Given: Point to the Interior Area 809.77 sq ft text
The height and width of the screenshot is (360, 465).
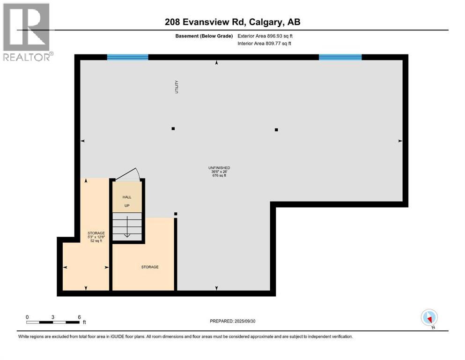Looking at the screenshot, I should [271, 43].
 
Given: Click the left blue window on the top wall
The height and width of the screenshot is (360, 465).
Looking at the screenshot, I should [127, 57].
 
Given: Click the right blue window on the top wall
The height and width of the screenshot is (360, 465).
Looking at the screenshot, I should [340, 57].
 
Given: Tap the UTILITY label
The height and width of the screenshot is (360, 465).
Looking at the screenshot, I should [177, 87].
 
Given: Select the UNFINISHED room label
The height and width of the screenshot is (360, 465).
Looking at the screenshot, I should [219, 168].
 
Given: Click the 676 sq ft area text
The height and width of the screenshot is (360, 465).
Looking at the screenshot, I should [219, 176].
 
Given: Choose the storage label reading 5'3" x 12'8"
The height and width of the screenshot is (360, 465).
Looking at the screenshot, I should [96, 237].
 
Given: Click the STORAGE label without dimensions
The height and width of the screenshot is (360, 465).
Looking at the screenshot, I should [150, 267].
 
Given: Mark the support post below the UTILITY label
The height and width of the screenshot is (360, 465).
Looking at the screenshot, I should [173, 128].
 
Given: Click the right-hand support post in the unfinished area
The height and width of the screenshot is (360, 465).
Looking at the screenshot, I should [276, 130].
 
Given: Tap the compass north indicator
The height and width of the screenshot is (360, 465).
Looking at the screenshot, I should [429, 317].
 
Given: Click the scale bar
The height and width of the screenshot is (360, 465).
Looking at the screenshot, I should [53, 322].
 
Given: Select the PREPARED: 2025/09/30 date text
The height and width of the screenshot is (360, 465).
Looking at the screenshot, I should [232, 321].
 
